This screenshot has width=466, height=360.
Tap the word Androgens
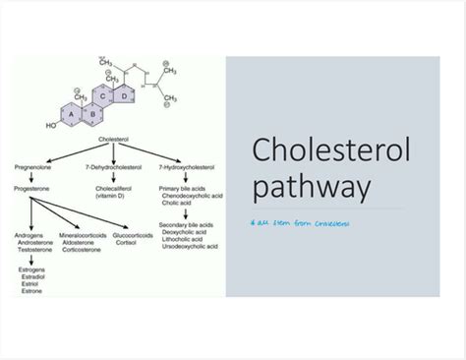pyautogui.click(x=30, y=236)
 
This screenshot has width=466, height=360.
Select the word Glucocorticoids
pyautogui.click(x=144, y=236)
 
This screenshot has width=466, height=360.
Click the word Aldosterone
pyautogui.click(x=81, y=244)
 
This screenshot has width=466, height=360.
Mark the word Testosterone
pyautogui.click(x=34, y=252)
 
